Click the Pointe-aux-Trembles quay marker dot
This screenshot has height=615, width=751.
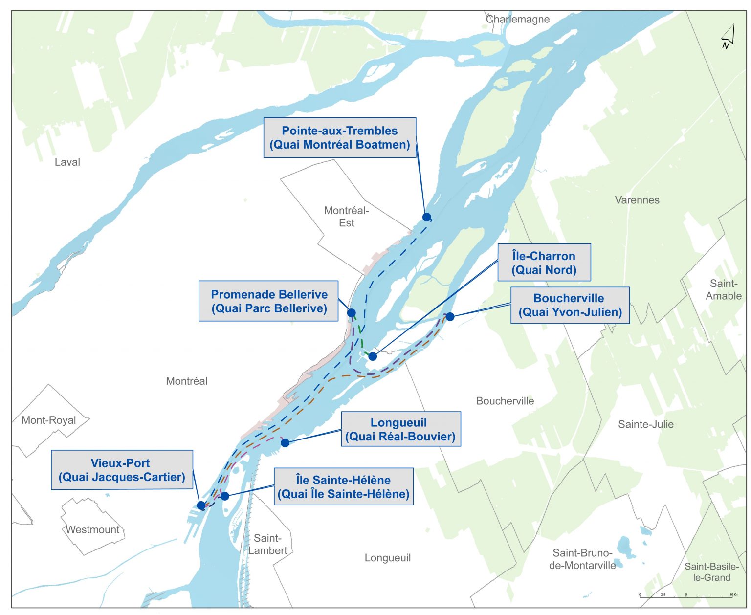coord(426,217)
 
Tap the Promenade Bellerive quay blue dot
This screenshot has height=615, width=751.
coord(351,313)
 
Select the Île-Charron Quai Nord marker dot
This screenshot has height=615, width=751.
coord(373,356)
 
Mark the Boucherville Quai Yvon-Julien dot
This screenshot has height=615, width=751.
coord(450,317)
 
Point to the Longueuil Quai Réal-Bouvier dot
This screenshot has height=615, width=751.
coord(285,443)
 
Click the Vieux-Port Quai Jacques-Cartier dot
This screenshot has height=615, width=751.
coord(201,505)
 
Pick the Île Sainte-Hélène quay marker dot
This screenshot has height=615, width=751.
coord(225,496)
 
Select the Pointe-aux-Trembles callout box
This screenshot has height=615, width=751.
coord(340,138)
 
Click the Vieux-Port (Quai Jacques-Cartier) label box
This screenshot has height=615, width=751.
coord(122,470)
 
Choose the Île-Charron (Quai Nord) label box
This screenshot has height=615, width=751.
coord(544,263)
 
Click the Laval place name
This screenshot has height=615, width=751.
coord(67,162)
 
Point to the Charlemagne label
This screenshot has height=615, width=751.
coord(518,20)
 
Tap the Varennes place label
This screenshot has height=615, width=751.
coord(637,200)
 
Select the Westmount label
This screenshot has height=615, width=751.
coord(92,529)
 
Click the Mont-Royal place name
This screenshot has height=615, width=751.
coord(49,420)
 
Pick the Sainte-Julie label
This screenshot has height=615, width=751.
coord(645,424)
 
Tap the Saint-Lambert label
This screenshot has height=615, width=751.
coord(267,544)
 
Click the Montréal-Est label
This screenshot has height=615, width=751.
coord(346,217)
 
